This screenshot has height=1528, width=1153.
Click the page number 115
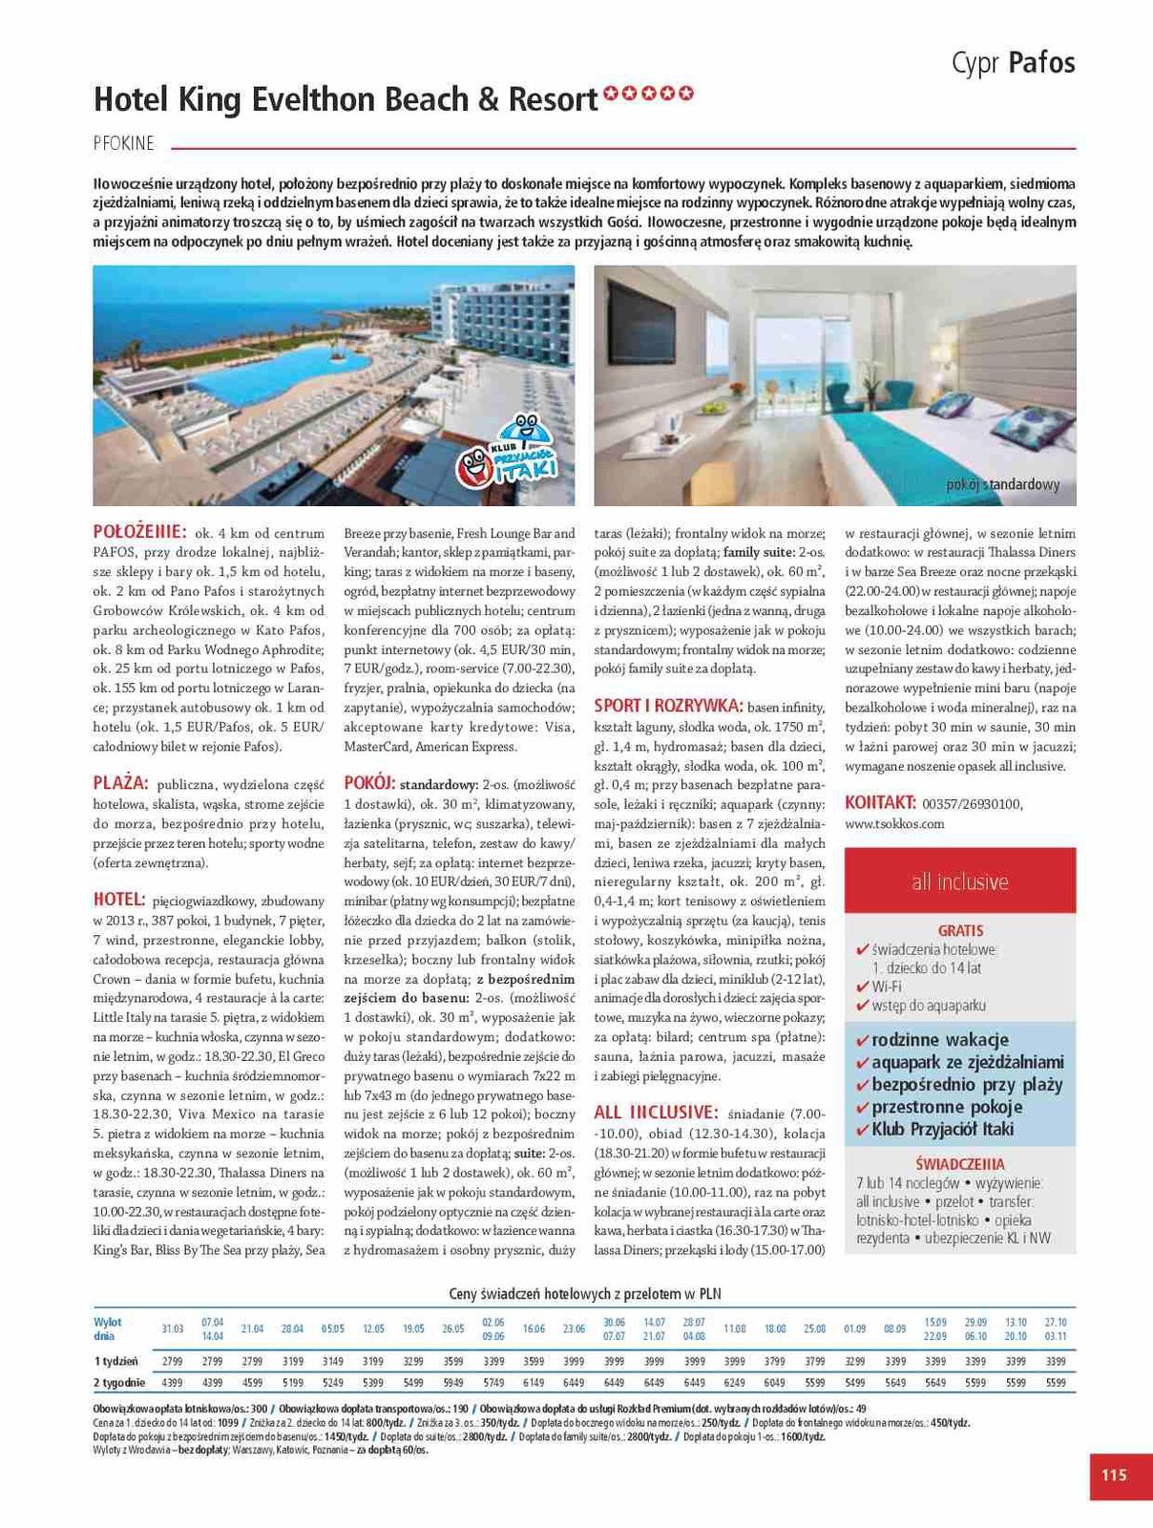click(1114, 1475)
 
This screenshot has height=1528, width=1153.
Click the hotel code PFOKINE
click(124, 144)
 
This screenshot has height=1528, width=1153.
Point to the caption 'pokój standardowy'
click(1002, 484)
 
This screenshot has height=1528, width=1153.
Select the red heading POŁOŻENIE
click(138, 532)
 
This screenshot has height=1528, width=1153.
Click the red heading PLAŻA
click(120, 783)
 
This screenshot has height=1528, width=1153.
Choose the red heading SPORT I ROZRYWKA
click(668, 706)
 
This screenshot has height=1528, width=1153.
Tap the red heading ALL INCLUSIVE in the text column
click(656, 1113)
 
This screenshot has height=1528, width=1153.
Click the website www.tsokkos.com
click(894, 823)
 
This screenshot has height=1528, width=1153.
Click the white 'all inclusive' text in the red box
click(959, 881)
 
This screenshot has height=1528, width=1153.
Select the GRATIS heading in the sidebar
click(959, 930)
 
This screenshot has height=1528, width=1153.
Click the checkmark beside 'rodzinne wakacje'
click(862, 1040)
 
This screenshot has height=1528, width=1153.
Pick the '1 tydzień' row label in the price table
click(115, 1361)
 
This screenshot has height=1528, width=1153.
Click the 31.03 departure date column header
click(172, 1328)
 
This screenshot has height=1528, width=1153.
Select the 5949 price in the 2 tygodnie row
click(453, 1382)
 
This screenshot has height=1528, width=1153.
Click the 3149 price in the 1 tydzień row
click(332, 1361)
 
